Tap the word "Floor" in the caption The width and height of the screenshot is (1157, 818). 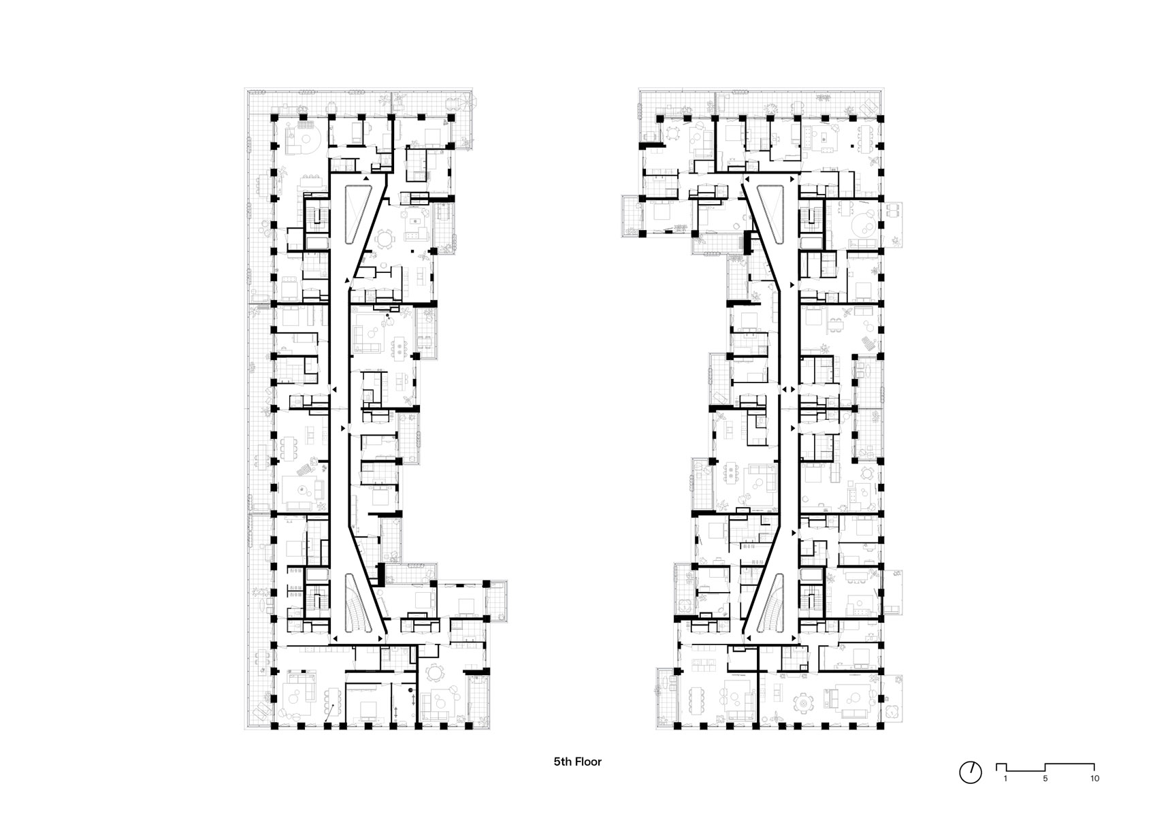[588, 762]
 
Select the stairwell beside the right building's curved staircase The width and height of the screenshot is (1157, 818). [812, 594]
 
